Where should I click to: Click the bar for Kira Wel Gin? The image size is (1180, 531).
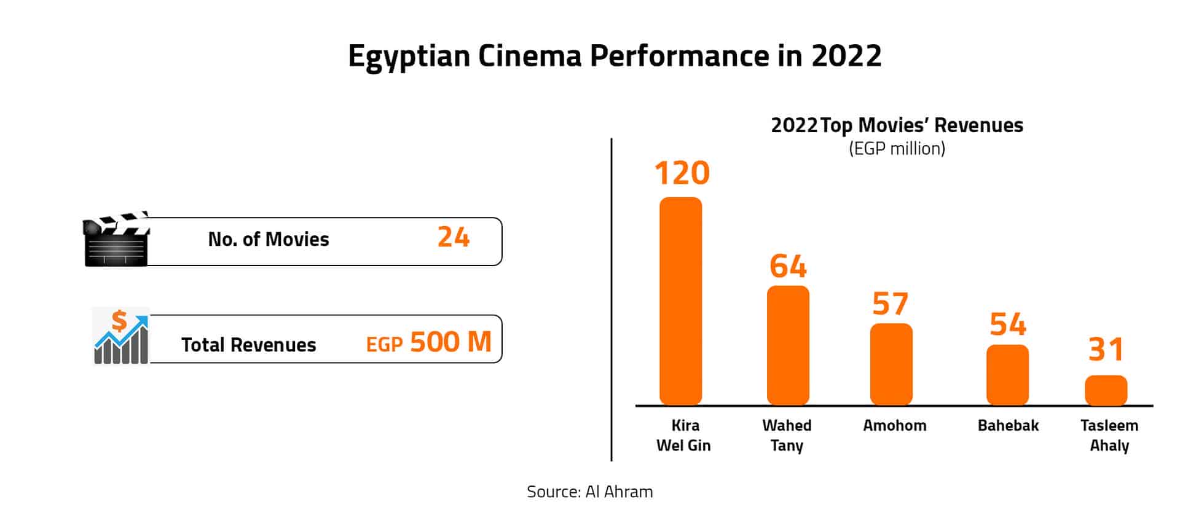point(680,301)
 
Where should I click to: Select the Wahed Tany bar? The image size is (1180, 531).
point(788,345)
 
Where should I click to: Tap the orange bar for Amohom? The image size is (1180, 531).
point(891,364)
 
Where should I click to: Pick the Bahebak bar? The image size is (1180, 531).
point(1007,375)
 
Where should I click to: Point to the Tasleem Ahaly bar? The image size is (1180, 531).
point(1106,390)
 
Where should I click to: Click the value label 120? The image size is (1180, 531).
point(682,173)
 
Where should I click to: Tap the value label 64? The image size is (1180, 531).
point(788,266)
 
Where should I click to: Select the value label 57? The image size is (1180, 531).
point(890,304)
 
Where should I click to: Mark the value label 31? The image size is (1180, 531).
point(1106,350)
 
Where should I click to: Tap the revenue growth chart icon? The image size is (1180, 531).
point(121,337)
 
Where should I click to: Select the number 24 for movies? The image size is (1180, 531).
point(454,237)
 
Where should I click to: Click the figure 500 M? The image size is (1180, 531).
point(450,342)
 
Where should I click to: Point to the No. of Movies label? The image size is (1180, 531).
point(269,239)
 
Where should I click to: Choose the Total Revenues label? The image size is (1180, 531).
point(248,345)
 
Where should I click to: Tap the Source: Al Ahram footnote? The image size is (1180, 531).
point(589,492)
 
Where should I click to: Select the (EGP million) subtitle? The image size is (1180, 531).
point(897,149)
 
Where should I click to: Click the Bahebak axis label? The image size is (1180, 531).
point(1008,425)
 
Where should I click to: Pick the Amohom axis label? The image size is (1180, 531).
point(894,425)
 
